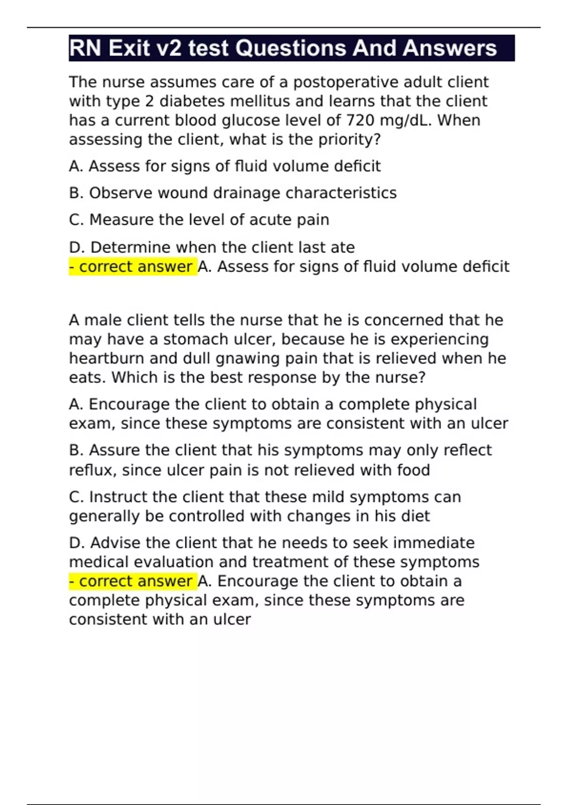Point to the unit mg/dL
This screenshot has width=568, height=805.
(407, 120)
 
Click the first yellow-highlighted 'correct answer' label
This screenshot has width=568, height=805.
(133, 267)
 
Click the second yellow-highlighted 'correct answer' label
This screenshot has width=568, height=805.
(133, 581)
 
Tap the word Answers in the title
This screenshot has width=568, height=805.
(450, 48)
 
